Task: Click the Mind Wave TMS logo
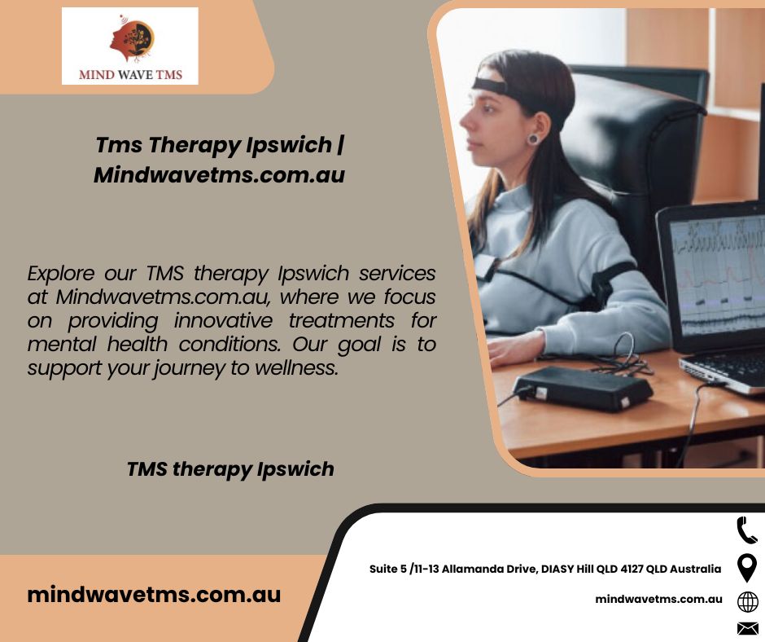coord(130,46)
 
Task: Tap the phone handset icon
coord(746,530)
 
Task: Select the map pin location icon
coord(747,568)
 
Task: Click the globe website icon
coord(747,602)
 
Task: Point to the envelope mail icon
coord(747,629)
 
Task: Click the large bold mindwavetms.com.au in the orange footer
coord(154,595)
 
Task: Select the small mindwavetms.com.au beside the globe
coord(658,599)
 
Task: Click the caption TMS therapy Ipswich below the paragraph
coord(230,469)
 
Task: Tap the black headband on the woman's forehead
coord(489,86)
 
